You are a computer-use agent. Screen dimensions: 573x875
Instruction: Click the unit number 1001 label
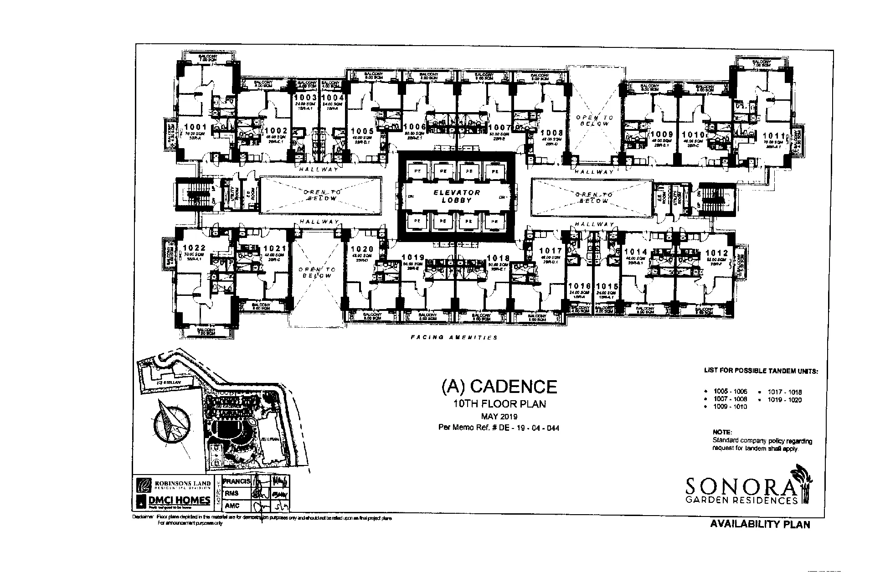click(x=195, y=127)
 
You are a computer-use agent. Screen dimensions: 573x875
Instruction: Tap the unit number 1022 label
click(x=194, y=248)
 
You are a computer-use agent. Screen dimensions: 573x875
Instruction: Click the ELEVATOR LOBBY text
click(x=457, y=196)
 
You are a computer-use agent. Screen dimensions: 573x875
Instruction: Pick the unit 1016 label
click(x=579, y=286)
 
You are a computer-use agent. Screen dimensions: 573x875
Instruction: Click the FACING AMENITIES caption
click(x=454, y=338)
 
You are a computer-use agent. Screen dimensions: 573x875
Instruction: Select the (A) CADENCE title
click(x=499, y=387)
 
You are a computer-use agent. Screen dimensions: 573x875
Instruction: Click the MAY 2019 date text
click(x=499, y=416)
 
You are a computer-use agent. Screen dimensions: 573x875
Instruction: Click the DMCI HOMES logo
click(x=173, y=501)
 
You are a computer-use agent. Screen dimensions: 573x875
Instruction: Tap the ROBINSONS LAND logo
click(x=173, y=484)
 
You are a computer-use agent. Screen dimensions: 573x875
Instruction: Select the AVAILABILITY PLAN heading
click(x=760, y=525)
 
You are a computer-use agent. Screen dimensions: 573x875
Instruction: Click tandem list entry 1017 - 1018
click(x=784, y=392)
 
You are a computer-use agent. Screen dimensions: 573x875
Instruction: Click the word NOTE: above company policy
click(x=722, y=432)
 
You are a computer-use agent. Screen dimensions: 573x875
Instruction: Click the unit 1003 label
click(x=305, y=98)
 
